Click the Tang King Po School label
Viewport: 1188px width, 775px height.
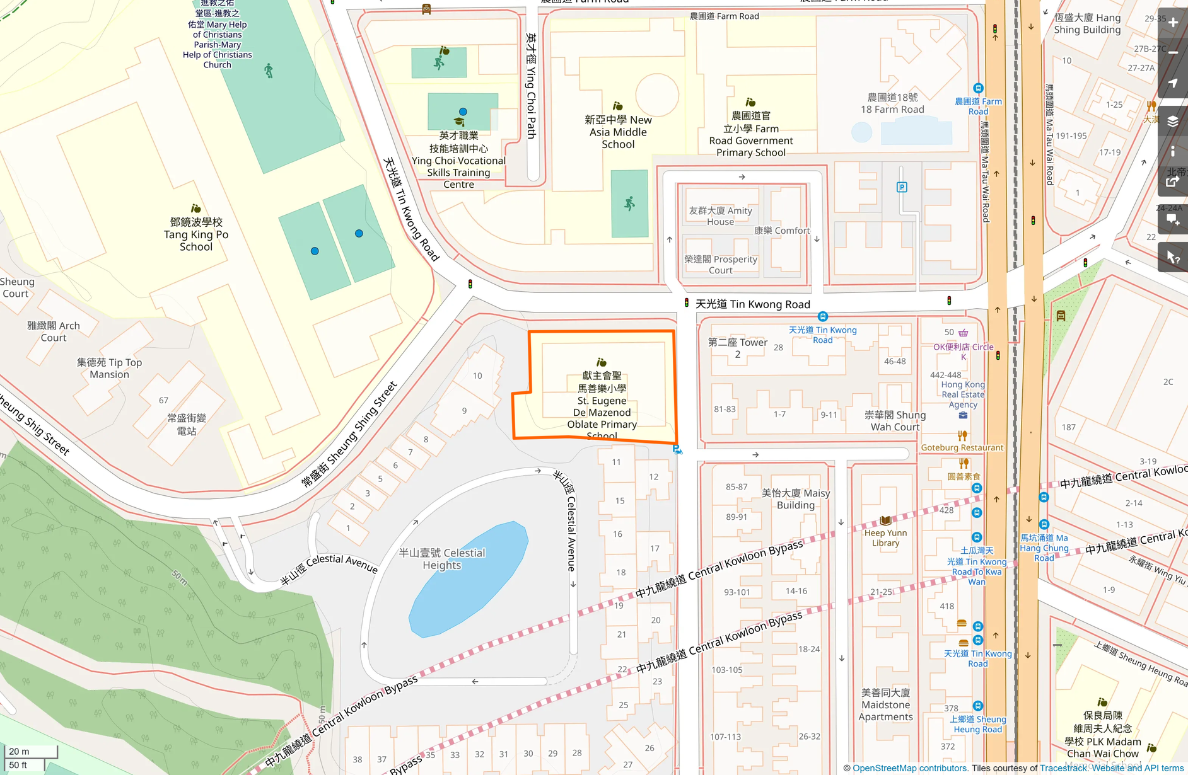(x=196, y=234)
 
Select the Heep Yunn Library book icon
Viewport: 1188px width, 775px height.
(x=885, y=521)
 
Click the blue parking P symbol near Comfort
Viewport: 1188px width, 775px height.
(x=902, y=187)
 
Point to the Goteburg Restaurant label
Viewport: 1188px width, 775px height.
(x=962, y=448)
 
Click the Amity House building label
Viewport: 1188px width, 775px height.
(x=721, y=216)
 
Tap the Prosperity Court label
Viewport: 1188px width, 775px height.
(x=721, y=265)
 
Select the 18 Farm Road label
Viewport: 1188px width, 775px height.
(x=892, y=103)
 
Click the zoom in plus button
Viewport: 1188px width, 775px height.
(x=1173, y=23)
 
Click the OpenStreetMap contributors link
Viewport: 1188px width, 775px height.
(x=910, y=768)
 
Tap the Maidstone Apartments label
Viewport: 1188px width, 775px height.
(x=885, y=704)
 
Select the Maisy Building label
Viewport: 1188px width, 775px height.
(x=796, y=499)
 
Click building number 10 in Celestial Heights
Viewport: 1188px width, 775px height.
(x=477, y=376)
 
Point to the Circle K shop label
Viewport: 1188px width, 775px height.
(x=963, y=351)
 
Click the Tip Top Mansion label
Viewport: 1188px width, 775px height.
(x=110, y=368)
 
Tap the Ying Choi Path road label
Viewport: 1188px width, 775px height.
(x=531, y=87)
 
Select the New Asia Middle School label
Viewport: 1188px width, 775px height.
(x=618, y=132)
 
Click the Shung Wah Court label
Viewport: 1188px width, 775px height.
(x=895, y=421)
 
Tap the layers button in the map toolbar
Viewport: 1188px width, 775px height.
(x=1173, y=122)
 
